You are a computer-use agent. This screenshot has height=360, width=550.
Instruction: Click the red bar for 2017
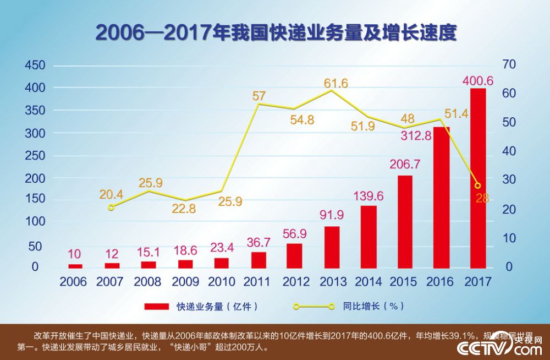coord(478,178)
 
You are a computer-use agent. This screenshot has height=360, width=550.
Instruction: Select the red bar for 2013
coord(332,247)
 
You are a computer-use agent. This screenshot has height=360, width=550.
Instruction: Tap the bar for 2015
coord(405,222)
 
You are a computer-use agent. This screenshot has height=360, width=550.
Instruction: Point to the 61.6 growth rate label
coord(335,84)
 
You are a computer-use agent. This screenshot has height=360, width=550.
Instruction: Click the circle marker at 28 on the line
coord(477,186)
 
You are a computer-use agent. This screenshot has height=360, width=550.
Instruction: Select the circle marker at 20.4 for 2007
coord(111,208)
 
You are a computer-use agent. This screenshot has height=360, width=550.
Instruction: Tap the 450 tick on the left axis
coord(35,66)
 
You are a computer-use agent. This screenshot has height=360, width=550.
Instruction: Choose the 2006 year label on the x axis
coord(73,282)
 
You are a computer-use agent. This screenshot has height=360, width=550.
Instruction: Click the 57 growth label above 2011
coord(259,96)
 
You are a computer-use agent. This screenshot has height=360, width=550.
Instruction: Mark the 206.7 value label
coord(405,164)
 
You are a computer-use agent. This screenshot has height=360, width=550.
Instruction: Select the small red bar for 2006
coord(75,266)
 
